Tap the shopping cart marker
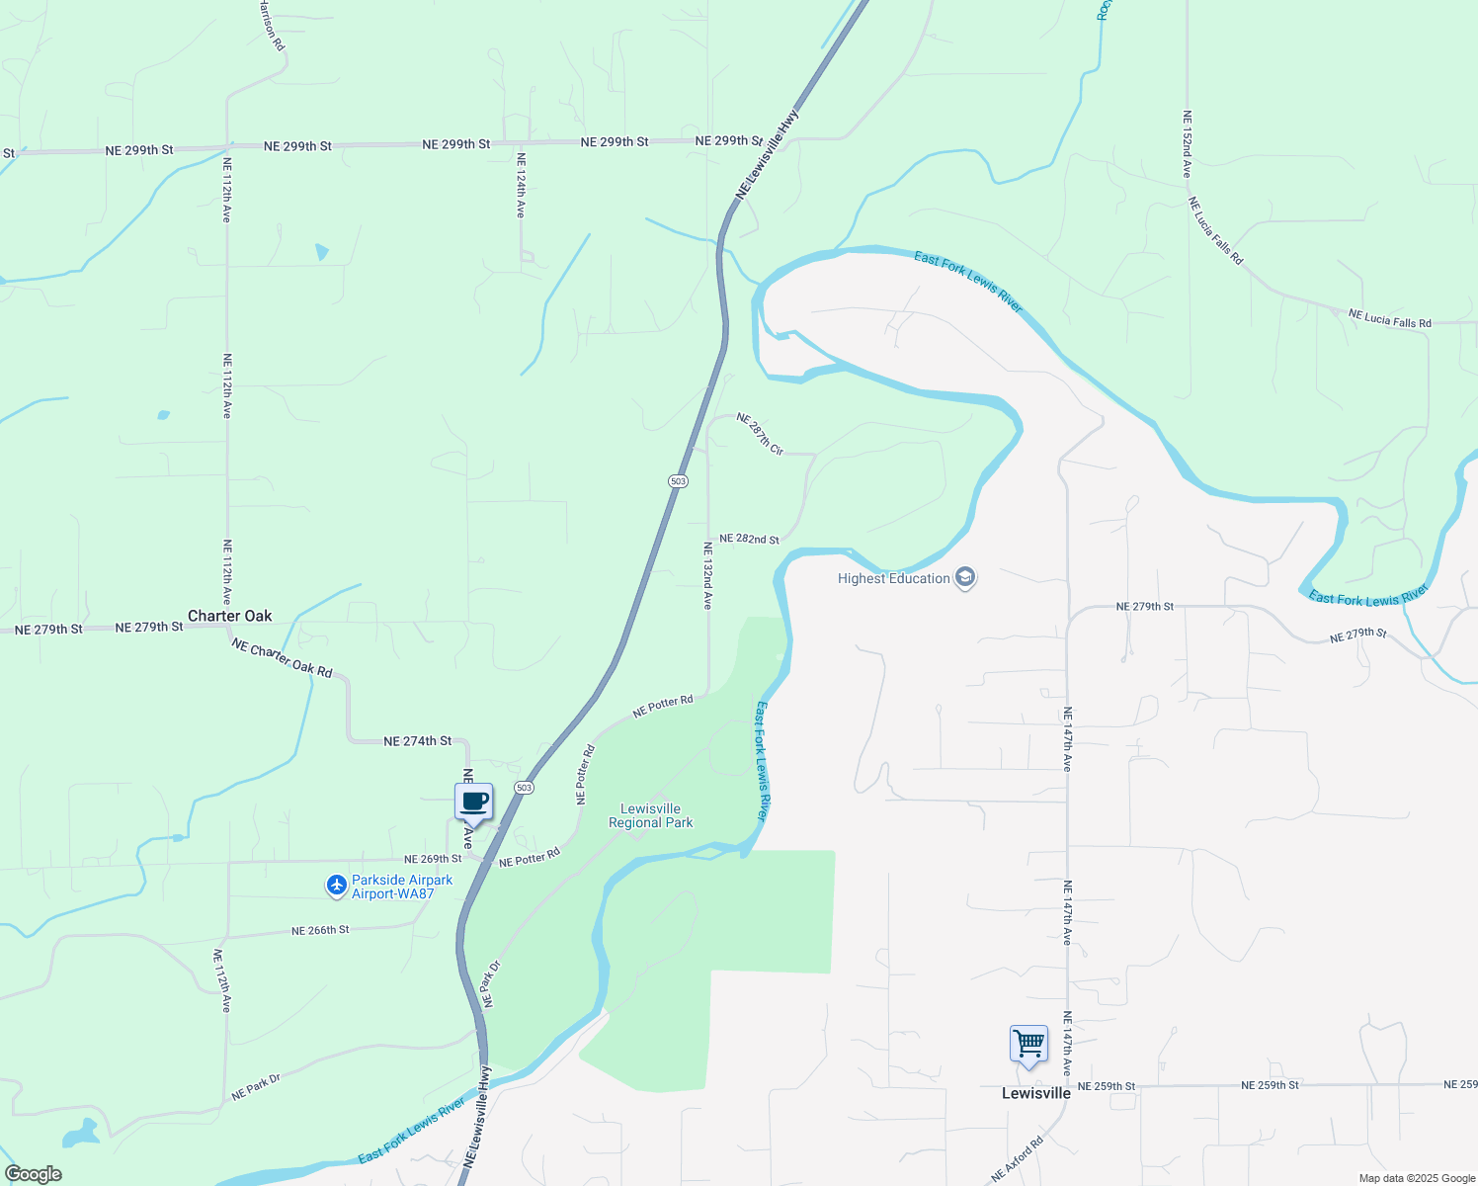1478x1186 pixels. (x=1028, y=1045)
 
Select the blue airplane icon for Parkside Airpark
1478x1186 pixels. (x=337, y=887)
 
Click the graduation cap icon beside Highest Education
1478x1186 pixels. (x=965, y=578)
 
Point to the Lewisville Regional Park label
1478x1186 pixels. (x=650, y=815)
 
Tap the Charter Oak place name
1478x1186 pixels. (x=230, y=616)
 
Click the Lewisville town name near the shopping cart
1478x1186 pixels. (x=1036, y=1093)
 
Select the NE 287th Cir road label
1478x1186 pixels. (x=760, y=434)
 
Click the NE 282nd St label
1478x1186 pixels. (x=749, y=539)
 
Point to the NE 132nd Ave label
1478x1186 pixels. (x=707, y=575)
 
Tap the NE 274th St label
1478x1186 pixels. (x=417, y=741)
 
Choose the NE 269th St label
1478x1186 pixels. (x=433, y=859)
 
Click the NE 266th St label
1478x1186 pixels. (x=320, y=930)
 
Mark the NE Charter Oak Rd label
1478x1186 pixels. (x=283, y=657)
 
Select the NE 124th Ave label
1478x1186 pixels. (x=521, y=185)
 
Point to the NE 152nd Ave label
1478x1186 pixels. (x=1187, y=144)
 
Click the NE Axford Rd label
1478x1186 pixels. (x=1018, y=1160)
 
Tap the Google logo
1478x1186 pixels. (x=33, y=1174)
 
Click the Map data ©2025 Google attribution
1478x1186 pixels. (x=1417, y=1178)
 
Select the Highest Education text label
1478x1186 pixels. (x=893, y=578)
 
